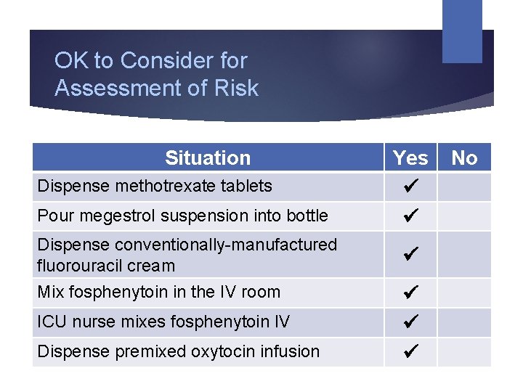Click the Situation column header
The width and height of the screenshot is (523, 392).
click(207, 158)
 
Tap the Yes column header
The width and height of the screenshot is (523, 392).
click(410, 158)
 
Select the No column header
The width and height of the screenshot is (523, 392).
click(464, 158)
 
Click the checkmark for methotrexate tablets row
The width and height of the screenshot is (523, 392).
click(410, 187)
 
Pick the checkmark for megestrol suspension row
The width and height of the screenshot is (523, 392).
click(410, 216)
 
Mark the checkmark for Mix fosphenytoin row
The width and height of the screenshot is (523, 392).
click(410, 293)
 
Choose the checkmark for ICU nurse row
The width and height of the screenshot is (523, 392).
click(410, 322)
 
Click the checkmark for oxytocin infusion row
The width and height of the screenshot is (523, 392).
click(410, 351)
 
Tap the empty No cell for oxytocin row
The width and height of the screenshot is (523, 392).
click(464, 351)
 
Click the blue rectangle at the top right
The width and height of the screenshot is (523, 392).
click(462, 30)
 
